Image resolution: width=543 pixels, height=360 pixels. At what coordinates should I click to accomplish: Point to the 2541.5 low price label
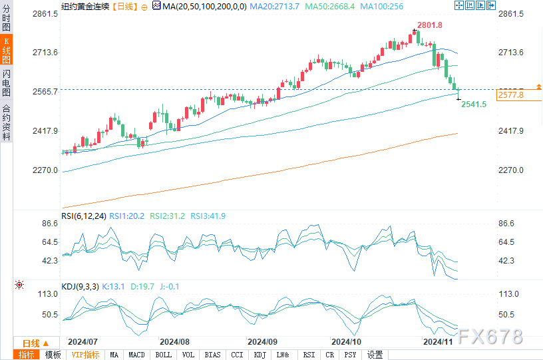474,104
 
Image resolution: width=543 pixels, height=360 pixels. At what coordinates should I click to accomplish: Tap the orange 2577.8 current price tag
511,95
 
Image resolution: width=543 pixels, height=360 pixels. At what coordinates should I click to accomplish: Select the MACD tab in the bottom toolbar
137,355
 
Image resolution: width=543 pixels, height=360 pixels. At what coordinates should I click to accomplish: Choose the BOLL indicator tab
163,355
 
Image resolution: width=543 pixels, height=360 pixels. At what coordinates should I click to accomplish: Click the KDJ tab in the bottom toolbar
260,355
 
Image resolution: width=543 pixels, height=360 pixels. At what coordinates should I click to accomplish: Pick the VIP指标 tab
85,355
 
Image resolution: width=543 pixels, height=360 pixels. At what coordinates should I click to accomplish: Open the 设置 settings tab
375,355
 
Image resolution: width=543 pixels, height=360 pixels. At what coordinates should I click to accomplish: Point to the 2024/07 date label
83,341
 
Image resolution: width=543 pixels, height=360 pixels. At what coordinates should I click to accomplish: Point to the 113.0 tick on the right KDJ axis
508,294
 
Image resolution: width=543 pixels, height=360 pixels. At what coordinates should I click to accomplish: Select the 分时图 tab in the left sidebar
7,21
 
